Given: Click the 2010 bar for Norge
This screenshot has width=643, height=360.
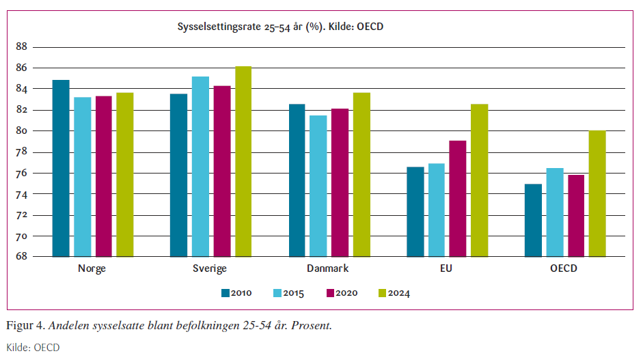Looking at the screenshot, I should [x=61, y=168].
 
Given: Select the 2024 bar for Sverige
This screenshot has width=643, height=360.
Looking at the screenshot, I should [x=243, y=161].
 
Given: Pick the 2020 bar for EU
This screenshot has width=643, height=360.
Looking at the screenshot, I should [x=458, y=199].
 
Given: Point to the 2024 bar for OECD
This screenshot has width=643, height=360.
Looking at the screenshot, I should [x=597, y=193].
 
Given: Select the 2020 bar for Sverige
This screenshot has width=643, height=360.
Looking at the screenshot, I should [x=221, y=171].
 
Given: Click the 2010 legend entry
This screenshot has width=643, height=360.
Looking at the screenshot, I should [x=236, y=293].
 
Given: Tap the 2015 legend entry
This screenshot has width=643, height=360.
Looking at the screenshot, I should [x=288, y=293].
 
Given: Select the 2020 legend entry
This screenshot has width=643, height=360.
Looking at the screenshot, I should [x=341, y=293].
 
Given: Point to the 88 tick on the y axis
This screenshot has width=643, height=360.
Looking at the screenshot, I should [x=20, y=46].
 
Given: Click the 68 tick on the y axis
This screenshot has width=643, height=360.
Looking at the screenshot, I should [x=20, y=257].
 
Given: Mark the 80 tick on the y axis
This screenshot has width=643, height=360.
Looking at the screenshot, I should [x=20, y=130].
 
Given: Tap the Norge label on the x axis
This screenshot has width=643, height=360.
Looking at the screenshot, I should [x=92, y=268].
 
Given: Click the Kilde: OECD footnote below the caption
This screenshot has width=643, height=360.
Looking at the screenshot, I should [x=33, y=348].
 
